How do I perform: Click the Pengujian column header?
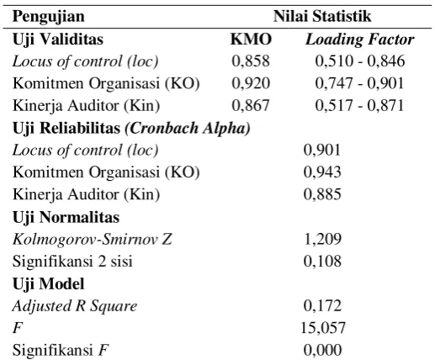pos(49,17)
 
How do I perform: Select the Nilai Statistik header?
pos(322,16)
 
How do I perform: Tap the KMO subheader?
pos(251,40)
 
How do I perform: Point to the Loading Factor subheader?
pos(360,40)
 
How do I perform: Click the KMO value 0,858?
pos(251,61)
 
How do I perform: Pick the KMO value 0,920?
pos(251,83)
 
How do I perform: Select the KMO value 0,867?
pos(251,105)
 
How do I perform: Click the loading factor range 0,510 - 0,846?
pos(360,61)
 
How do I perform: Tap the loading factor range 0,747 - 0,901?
pos(360,83)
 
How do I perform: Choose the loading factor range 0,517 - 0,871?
pos(360,105)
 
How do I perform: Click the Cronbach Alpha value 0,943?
pos(322,172)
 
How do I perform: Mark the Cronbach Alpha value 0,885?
pos(322,194)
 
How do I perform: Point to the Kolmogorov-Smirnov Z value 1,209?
pos(322,239)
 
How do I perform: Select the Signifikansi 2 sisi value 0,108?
pos(322,261)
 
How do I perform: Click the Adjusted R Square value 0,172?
pos(322,305)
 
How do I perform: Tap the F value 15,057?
pos(322,328)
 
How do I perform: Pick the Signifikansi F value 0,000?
pos(322,350)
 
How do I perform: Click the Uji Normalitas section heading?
pos(66,218)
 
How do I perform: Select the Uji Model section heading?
pos(48,284)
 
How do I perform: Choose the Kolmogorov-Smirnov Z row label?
pos(92,239)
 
